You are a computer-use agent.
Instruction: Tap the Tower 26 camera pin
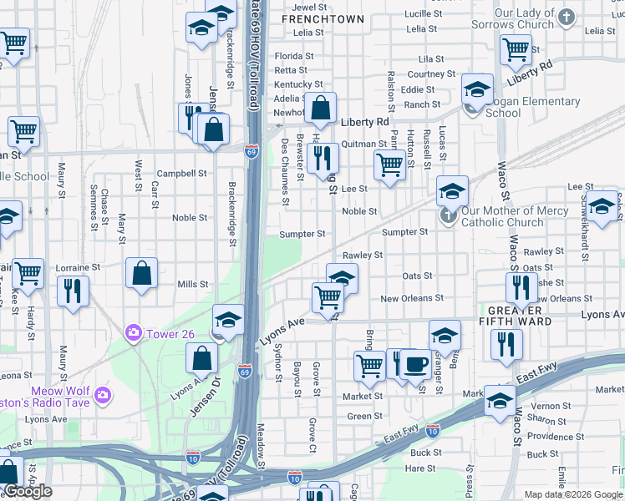coord(133,334)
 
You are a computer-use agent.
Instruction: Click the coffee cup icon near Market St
coord(415,363)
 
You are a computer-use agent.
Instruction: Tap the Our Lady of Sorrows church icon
coord(567,17)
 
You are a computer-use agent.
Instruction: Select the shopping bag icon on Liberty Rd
coord(320,108)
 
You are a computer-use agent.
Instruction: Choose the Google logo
coord(28,491)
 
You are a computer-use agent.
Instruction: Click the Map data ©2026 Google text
coord(572,494)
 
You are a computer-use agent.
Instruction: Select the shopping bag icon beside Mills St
coord(142,272)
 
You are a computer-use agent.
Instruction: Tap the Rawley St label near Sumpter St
coord(362,255)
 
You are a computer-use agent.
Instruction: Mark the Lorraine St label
coord(78,268)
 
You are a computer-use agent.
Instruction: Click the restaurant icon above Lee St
coord(323,156)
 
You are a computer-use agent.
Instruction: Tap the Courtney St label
coord(431,74)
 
